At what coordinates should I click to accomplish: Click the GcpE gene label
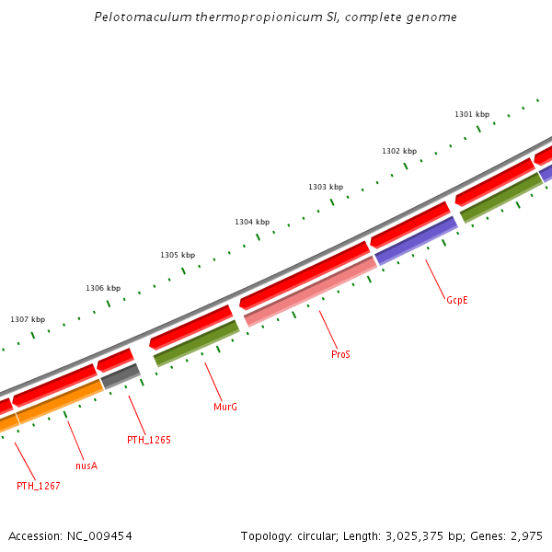pos(457,300)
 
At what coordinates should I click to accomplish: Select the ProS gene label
pos(340,354)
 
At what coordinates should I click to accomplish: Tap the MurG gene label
pos(225,407)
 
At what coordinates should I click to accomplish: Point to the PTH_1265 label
pos(149,440)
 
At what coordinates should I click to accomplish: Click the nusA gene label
pos(86,466)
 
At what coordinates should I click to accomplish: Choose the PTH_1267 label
pos(39,486)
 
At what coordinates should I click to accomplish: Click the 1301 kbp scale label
pos(472,114)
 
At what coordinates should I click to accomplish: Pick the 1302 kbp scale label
pos(399,151)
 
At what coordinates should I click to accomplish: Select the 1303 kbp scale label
pos(326,187)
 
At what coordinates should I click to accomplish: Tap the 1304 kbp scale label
pos(252,222)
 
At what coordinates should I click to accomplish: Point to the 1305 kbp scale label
pos(178,255)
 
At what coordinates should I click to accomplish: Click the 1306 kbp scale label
pos(103,288)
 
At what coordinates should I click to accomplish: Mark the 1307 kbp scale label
pos(28,319)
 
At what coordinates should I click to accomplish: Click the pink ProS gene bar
pos(310,292)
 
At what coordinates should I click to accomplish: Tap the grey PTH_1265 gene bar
pos(121,375)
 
